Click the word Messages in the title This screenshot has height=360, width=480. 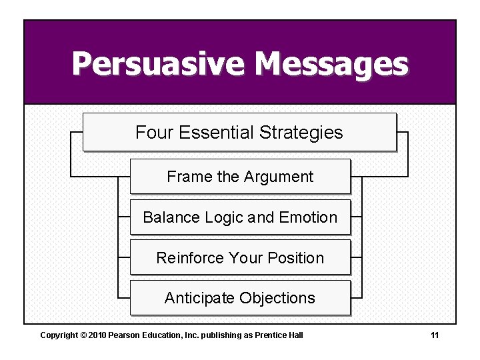tap(331, 65)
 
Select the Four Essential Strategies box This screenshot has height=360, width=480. tap(239, 132)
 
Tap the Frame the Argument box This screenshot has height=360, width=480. tap(239, 177)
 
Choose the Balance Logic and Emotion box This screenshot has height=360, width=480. tap(239, 217)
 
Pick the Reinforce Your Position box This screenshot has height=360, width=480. tap(239, 258)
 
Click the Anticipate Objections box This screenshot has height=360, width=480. tap(239, 298)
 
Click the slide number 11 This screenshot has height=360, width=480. tap(435, 335)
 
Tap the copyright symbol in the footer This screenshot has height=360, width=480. tap(83, 335)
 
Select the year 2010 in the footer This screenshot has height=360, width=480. tap(97, 335)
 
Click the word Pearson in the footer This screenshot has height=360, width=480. tap(123, 335)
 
